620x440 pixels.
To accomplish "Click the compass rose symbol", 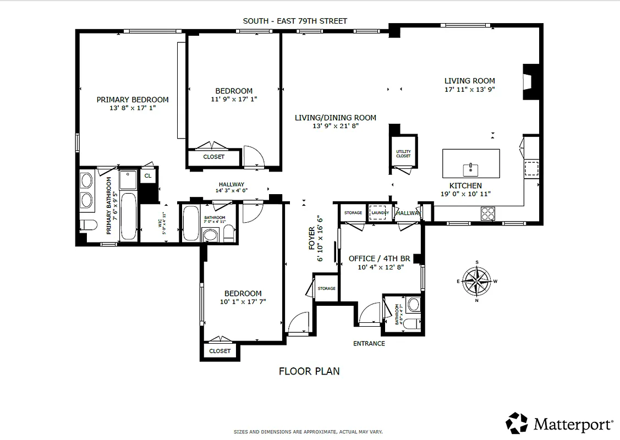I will click(476, 281).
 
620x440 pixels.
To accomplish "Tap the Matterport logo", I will click(559, 424).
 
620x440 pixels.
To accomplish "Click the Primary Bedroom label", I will click(133, 100).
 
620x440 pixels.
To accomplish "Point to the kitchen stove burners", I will click(488, 213).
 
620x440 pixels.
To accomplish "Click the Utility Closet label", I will click(403, 154).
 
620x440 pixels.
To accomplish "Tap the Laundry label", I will click(380, 213).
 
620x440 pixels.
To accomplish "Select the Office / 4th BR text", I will click(380, 258).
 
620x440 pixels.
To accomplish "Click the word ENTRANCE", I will click(369, 344).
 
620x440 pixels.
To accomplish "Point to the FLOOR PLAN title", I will click(309, 371).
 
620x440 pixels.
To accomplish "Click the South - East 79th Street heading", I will click(295, 21).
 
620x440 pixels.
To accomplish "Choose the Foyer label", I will click(312, 238).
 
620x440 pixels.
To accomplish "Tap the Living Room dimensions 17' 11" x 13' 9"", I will click(470, 89).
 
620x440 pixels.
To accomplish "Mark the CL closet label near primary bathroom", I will click(147, 176).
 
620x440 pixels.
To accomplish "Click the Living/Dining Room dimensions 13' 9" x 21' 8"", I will click(335, 126).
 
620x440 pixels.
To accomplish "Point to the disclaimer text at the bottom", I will click(308, 432).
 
